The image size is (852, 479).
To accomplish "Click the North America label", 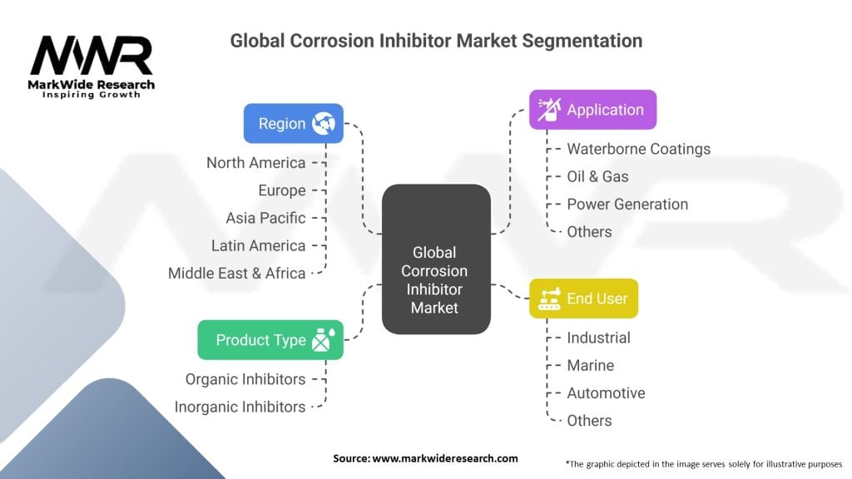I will (255, 163).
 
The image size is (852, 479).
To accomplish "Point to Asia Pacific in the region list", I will (265, 218).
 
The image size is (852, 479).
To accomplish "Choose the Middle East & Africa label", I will (236, 273).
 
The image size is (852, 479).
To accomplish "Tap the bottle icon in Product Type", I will (322, 340).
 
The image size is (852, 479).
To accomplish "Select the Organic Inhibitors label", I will (245, 379).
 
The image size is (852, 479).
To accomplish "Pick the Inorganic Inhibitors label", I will (240, 407).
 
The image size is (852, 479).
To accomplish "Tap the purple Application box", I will (592, 110).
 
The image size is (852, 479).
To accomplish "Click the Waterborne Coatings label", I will (638, 149).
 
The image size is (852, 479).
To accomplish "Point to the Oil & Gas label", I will (597, 176).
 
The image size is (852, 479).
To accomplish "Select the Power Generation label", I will (627, 204).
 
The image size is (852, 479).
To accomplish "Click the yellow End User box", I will (583, 298).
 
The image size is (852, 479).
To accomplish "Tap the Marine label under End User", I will (590, 365).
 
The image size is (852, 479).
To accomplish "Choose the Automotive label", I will (606, 393).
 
